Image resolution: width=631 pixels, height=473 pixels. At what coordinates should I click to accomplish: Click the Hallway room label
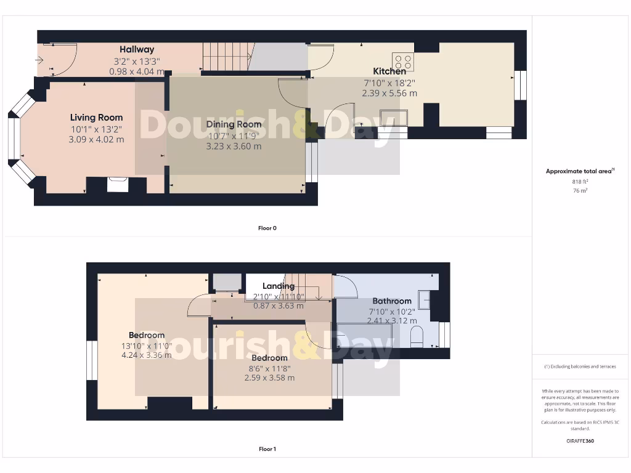pyautogui.click(x=137, y=49)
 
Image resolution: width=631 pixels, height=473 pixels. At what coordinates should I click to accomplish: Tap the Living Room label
pyautogui.click(x=96, y=118)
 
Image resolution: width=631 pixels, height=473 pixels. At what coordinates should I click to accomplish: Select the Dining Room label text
pyautogui.click(x=234, y=124)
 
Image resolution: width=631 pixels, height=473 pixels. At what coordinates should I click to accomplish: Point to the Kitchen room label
pyautogui.click(x=389, y=71)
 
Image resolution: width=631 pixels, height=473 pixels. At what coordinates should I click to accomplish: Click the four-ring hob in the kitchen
pyautogui.click(x=404, y=62)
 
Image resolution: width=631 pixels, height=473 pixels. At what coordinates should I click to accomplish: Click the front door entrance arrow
pyautogui.click(x=39, y=60)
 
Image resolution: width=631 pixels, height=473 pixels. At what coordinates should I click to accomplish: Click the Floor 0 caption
pyautogui.click(x=267, y=228)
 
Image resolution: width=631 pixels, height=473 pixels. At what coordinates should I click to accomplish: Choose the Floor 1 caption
pyautogui.click(x=267, y=449)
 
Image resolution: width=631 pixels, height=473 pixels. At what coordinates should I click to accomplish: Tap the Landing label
pyautogui.click(x=279, y=286)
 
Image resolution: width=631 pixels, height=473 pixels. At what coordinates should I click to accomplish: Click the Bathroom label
pyautogui.click(x=391, y=301)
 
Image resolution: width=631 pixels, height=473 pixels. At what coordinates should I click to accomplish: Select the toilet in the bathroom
pyautogui.click(x=417, y=336)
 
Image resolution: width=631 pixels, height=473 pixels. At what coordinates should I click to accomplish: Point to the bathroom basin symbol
pyautogui.click(x=425, y=299)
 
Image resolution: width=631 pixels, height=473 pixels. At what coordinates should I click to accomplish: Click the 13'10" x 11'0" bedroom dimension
pyautogui.click(x=146, y=346)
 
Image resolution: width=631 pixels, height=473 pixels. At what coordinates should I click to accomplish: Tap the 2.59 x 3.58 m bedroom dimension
pyautogui.click(x=269, y=378)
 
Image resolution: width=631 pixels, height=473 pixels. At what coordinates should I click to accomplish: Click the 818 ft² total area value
pyautogui.click(x=580, y=182)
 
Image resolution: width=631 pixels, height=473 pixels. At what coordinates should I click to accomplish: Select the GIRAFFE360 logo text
pyautogui.click(x=580, y=441)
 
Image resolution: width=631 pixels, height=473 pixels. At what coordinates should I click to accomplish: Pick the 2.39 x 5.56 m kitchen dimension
pyautogui.click(x=389, y=94)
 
